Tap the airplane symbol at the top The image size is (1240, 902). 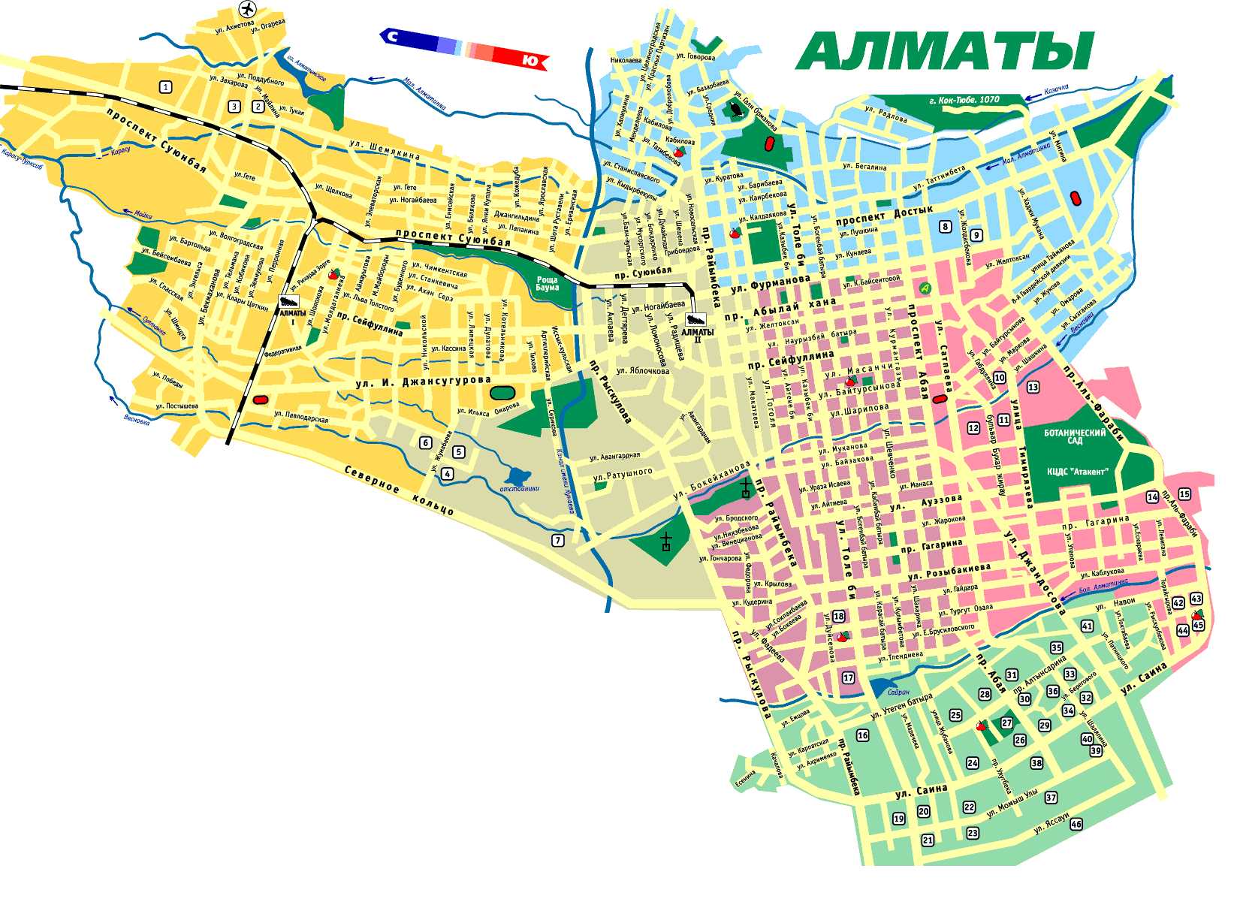tap(247, 9)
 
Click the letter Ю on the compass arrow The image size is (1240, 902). tap(530, 61)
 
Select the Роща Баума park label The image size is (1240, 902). tap(547, 284)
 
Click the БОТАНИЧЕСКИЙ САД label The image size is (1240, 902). tap(1075, 437)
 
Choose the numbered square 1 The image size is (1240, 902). tap(165, 87)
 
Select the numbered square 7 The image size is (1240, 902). tap(557, 540)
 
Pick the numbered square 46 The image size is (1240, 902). tap(1076, 824)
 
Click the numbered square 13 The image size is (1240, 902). tap(1033, 387)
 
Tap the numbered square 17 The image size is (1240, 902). tap(848, 677)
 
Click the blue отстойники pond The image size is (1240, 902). tap(519, 475)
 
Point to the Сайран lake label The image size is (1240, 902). tap(898, 692)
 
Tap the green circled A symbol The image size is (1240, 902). tap(925, 287)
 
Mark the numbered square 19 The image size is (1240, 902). tap(898, 819)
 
